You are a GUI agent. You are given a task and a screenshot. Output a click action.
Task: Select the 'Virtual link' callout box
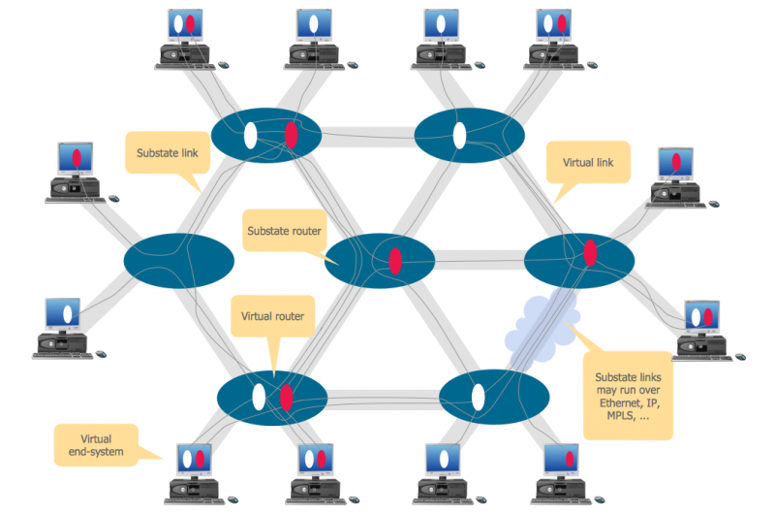pos(587,162)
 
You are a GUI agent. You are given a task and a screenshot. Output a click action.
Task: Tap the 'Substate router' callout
pos(284,231)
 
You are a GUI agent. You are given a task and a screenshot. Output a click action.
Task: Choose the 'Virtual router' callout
pos(272,316)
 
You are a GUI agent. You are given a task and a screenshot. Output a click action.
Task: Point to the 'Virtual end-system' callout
pos(96,443)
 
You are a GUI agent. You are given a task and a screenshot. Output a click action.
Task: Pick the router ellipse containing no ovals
pos(179,260)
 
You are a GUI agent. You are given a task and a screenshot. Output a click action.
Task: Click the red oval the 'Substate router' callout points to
pos(395,260)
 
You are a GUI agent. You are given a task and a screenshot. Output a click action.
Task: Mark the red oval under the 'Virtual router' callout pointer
pos(287,397)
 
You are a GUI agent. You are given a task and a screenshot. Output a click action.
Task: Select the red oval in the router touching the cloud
pos(590,253)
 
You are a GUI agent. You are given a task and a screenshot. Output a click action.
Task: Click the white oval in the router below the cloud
pos(478,397)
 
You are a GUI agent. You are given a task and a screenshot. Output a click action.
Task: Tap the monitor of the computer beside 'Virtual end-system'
pos(191,459)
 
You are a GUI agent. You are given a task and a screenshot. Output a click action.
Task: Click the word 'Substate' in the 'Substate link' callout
pos(151,152)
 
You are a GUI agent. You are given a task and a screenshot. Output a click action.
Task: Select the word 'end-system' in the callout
pos(96,450)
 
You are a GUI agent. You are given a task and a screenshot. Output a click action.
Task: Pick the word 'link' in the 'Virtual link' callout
pos(608,162)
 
